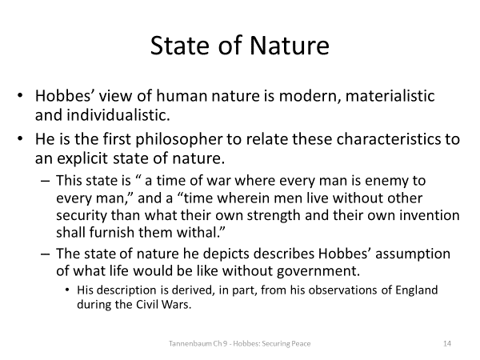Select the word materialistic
point(387,95)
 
